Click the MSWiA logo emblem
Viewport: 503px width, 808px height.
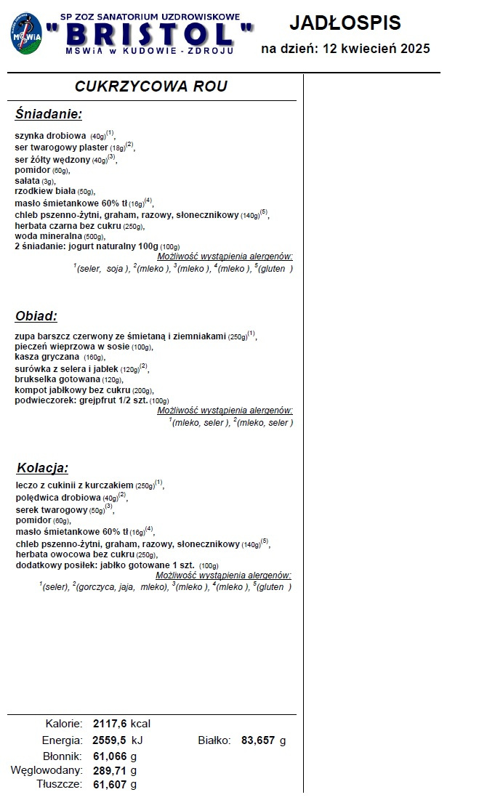pos(26,33)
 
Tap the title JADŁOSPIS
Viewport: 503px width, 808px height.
pos(345,23)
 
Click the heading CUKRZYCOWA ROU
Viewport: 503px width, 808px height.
pos(151,86)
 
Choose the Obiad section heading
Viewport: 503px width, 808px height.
pos(36,316)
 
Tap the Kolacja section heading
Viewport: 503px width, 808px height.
pos(42,467)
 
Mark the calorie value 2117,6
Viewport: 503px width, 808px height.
pos(110,724)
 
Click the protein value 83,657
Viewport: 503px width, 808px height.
pos(259,740)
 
